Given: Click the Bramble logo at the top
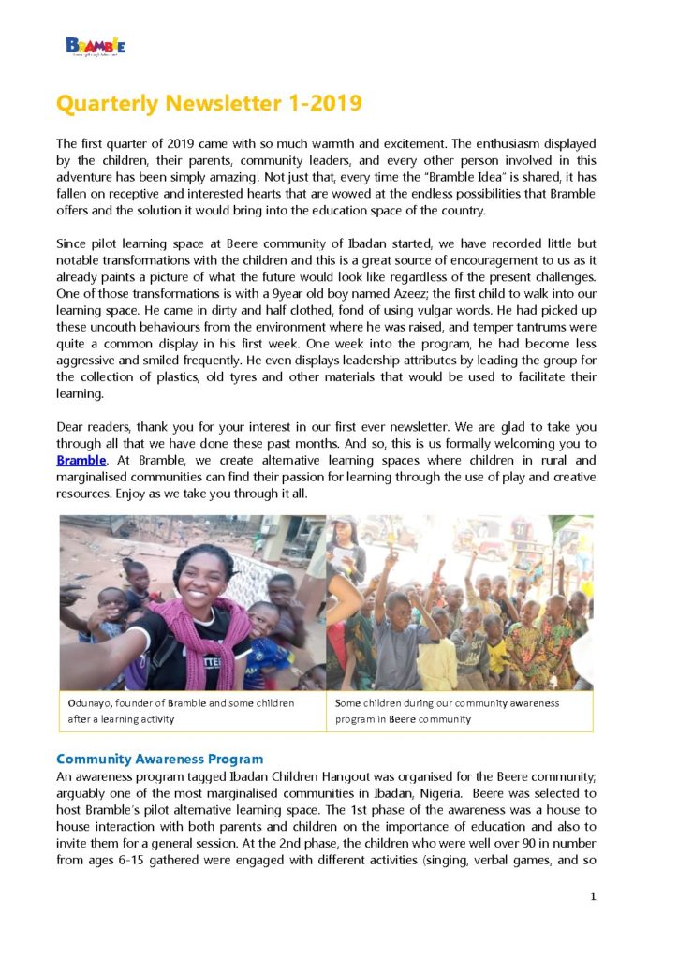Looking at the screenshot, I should (95, 45).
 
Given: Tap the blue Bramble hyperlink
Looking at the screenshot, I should (81, 460).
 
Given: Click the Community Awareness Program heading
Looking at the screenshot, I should (159, 759).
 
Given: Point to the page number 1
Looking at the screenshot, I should (593, 896).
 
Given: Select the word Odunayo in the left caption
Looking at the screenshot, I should (89, 702).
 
